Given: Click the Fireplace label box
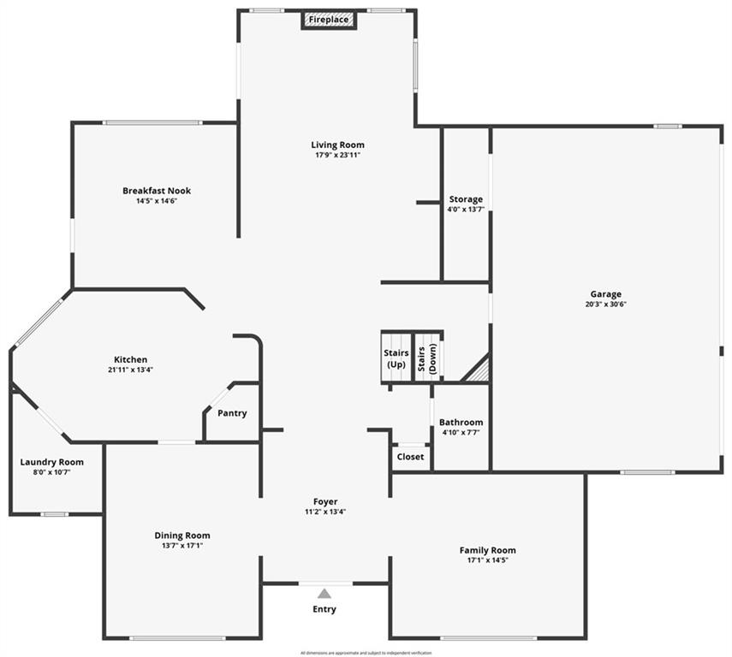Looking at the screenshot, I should pyautogui.click(x=329, y=19).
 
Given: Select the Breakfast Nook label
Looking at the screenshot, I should pyautogui.click(x=156, y=191).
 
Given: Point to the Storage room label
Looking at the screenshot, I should pyautogui.click(x=466, y=199).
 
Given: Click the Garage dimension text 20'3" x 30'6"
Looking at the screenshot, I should pyautogui.click(x=605, y=305).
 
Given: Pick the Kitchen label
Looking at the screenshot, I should pyautogui.click(x=131, y=359).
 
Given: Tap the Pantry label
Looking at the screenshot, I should pyautogui.click(x=232, y=413).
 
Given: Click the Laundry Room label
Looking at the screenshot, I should pyautogui.click(x=51, y=462).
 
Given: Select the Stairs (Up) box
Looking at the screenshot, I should pyautogui.click(x=396, y=358).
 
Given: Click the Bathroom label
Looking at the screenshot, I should pyautogui.click(x=461, y=422).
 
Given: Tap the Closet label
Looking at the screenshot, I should pyautogui.click(x=410, y=457).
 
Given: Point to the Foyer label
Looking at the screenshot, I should pyautogui.click(x=325, y=502).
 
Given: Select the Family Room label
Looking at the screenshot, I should pyautogui.click(x=487, y=550).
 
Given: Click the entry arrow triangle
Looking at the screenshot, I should pyautogui.click(x=324, y=593).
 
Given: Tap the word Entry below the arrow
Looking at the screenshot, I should pyautogui.click(x=324, y=609).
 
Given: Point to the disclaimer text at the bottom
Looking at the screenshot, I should pyautogui.click(x=366, y=653).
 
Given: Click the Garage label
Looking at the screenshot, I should pyautogui.click(x=605, y=294).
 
